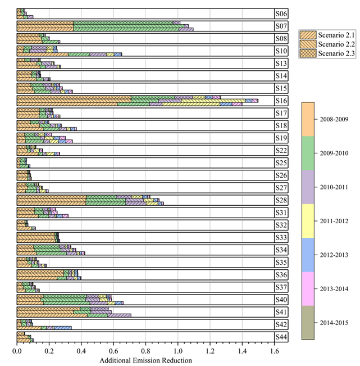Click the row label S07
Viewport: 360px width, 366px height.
(x=281, y=26)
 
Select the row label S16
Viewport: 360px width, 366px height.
(x=281, y=100)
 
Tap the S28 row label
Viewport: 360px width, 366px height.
(x=281, y=200)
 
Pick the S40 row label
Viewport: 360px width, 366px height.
(x=281, y=299)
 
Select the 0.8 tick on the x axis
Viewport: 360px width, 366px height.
(x=145, y=351)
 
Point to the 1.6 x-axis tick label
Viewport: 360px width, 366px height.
(x=274, y=351)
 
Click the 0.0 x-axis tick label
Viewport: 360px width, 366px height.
(x=17, y=351)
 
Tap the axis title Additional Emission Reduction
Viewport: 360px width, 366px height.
(x=145, y=360)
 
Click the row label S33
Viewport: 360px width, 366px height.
(x=281, y=237)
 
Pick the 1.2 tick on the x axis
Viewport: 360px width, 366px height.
(x=210, y=351)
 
